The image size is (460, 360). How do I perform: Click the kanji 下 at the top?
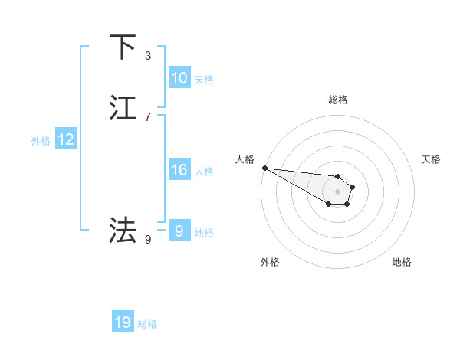pyautogui.click(x=123, y=47)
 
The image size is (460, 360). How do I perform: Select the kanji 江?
pyautogui.click(x=123, y=108)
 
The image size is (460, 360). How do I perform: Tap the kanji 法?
pyautogui.click(x=123, y=230)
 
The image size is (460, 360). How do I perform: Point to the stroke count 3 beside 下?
pyautogui.click(x=148, y=56)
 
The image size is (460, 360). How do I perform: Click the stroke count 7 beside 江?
pyautogui.click(x=148, y=117)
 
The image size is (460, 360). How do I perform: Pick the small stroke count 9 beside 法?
pyautogui.click(x=148, y=240)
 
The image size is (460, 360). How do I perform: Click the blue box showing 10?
pyautogui.click(x=179, y=78)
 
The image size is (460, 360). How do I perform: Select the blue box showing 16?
pyautogui.click(x=179, y=170)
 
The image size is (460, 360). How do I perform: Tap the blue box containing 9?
pyautogui.click(x=179, y=231)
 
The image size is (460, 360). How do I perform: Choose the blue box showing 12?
pyautogui.click(x=65, y=139)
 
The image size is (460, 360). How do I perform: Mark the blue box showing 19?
pyautogui.click(x=123, y=323)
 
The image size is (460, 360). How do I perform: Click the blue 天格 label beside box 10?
pyautogui.click(x=203, y=79)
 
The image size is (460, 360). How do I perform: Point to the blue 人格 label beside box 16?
pyautogui.click(x=203, y=171)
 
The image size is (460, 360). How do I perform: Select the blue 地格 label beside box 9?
pyautogui.click(x=203, y=232)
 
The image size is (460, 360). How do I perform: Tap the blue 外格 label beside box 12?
pyautogui.click(x=41, y=140)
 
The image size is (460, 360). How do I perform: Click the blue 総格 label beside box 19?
pyautogui.click(x=147, y=324)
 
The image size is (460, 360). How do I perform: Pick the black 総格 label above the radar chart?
pyautogui.click(x=338, y=100)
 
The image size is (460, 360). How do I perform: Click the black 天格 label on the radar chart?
pyautogui.click(x=432, y=159)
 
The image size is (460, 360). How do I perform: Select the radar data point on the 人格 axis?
pyautogui.click(x=264, y=168)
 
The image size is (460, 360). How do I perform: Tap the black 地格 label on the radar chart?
pyautogui.click(x=402, y=262)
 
